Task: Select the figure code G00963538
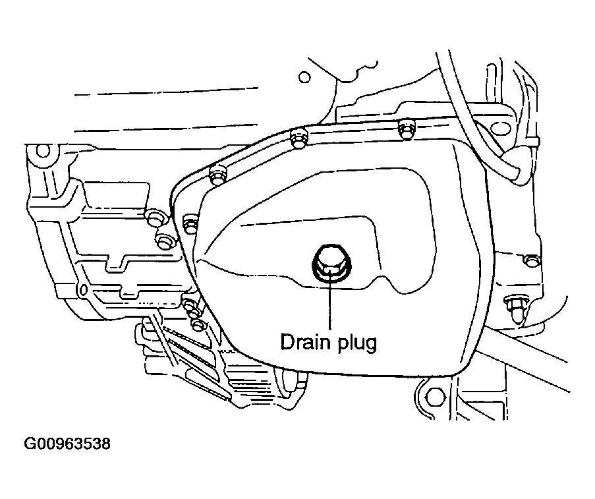[67, 444]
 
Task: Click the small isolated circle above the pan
[304, 77]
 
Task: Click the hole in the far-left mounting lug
[43, 153]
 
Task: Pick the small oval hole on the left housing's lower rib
[82, 290]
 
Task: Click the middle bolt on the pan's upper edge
[297, 137]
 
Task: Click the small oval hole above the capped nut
[531, 260]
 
